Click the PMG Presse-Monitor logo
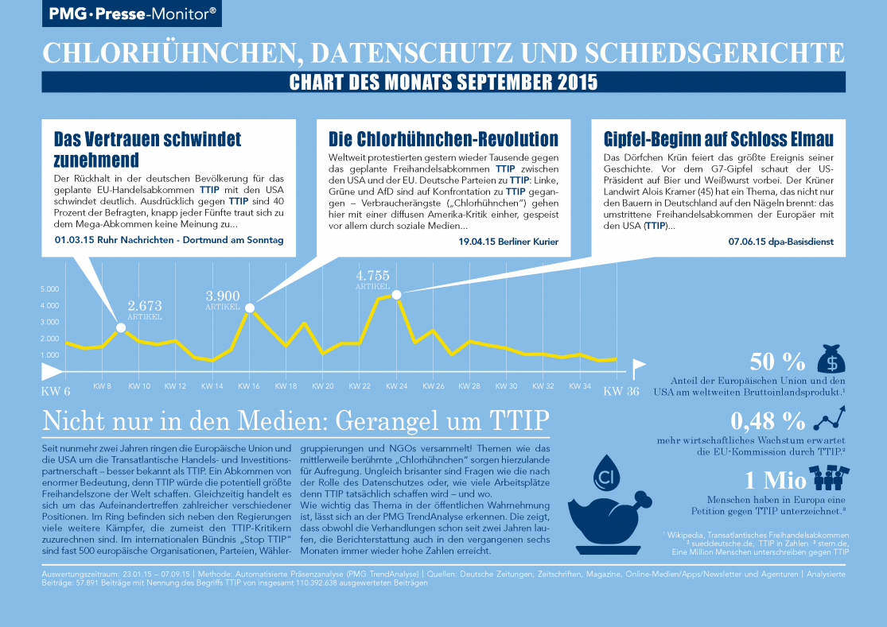tap(132, 14)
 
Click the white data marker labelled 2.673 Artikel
tap(121, 327)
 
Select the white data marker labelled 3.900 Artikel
tap(250, 308)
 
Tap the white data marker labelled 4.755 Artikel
tap(395, 295)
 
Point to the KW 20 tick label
tap(323, 386)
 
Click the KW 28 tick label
tap(470, 386)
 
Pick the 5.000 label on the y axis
tap(49, 289)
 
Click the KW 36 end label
tap(621, 391)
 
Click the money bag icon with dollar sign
tap(831, 360)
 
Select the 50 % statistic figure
tap(777, 362)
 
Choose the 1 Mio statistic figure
tap(772, 481)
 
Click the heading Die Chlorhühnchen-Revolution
tap(443, 140)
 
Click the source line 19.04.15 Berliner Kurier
tap(513, 241)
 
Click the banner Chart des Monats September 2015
tap(443, 83)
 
